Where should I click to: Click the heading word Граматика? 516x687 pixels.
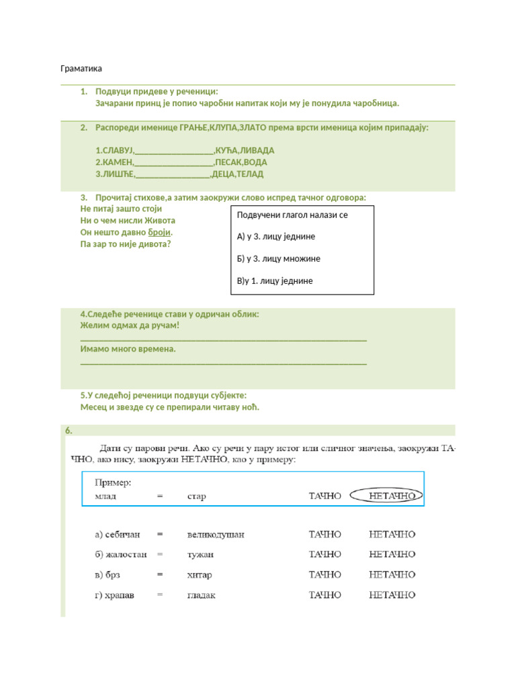(81, 68)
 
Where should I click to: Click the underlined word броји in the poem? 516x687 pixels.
(160, 232)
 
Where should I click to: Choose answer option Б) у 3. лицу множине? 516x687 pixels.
(279, 259)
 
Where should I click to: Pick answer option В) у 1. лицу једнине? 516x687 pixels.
(275, 281)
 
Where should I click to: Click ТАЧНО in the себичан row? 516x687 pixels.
(325, 535)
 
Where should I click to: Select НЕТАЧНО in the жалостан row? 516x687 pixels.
(393, 555)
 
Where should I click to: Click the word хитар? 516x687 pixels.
(200, 575)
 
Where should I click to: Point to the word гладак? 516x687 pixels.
(202, 595)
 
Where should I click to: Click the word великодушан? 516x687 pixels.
(216, 535)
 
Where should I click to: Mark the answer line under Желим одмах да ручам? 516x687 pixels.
(223, 340)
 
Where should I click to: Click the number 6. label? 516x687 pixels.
(69, 431)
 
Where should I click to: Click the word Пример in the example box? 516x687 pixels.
(113, 482)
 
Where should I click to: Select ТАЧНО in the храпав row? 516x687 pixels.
(325, 595)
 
